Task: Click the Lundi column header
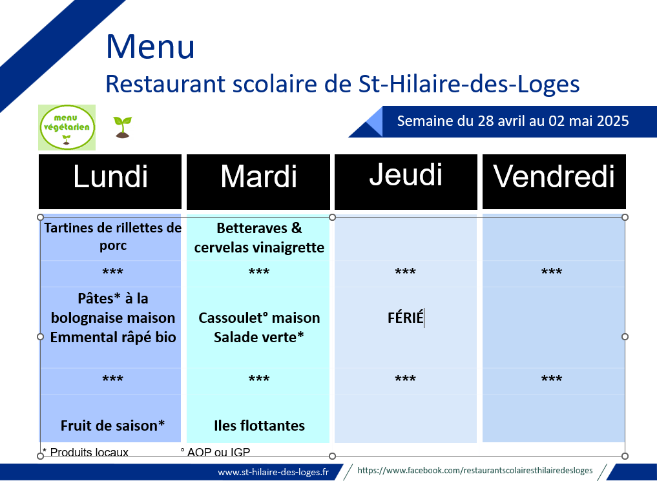click(x=110, y=181)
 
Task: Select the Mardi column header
click(x=258, y=181)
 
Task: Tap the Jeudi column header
click(x=406, y=181)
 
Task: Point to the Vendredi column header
click(x=554, y=181)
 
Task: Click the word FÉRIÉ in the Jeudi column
click(x=405, y=318)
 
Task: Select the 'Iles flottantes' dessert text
click(x=259, y=425)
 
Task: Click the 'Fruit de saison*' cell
click(x=112, y=425)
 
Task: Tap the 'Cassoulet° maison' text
click(x=259, y=318)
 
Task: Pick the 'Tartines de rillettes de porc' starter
click(x=112, y=236)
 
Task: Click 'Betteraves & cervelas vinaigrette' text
click(x=259, y=238)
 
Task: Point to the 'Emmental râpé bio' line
click(x=113, y=337)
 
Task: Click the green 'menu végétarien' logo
click(x=67, y=127)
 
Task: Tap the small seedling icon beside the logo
click(x=122, y=127)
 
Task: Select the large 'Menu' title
click(x=151, y=46)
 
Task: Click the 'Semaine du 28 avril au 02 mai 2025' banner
click(x=513, y=121)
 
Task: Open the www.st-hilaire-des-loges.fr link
click(x=273, y=473)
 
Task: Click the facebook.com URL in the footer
click(x=475, y=471)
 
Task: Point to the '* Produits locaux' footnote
click(x=85, y=452)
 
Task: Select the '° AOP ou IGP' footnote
click(x=215, y=452)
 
